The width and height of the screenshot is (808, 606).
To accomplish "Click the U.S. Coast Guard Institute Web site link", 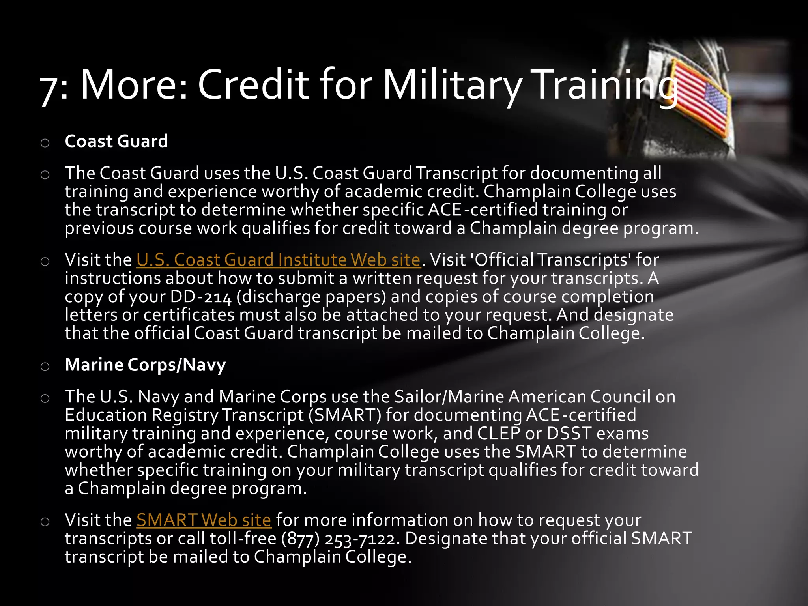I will (278, 260).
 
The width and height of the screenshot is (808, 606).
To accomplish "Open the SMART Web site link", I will (204, 520).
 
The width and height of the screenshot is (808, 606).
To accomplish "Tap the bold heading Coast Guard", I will (116, 141).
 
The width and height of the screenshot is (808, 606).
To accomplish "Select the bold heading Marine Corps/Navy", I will (145, 365).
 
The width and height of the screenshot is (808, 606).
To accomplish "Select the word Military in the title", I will (452, 85).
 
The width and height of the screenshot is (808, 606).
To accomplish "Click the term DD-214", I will (201, 297).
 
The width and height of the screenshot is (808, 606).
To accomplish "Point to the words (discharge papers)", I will (311, 297).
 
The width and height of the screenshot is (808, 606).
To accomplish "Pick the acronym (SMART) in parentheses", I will (345, 415).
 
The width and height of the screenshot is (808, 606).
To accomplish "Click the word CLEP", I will (499, 433).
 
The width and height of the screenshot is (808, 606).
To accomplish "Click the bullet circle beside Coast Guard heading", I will (45, 143).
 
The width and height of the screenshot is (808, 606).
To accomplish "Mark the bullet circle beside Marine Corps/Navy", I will (45, 367).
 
